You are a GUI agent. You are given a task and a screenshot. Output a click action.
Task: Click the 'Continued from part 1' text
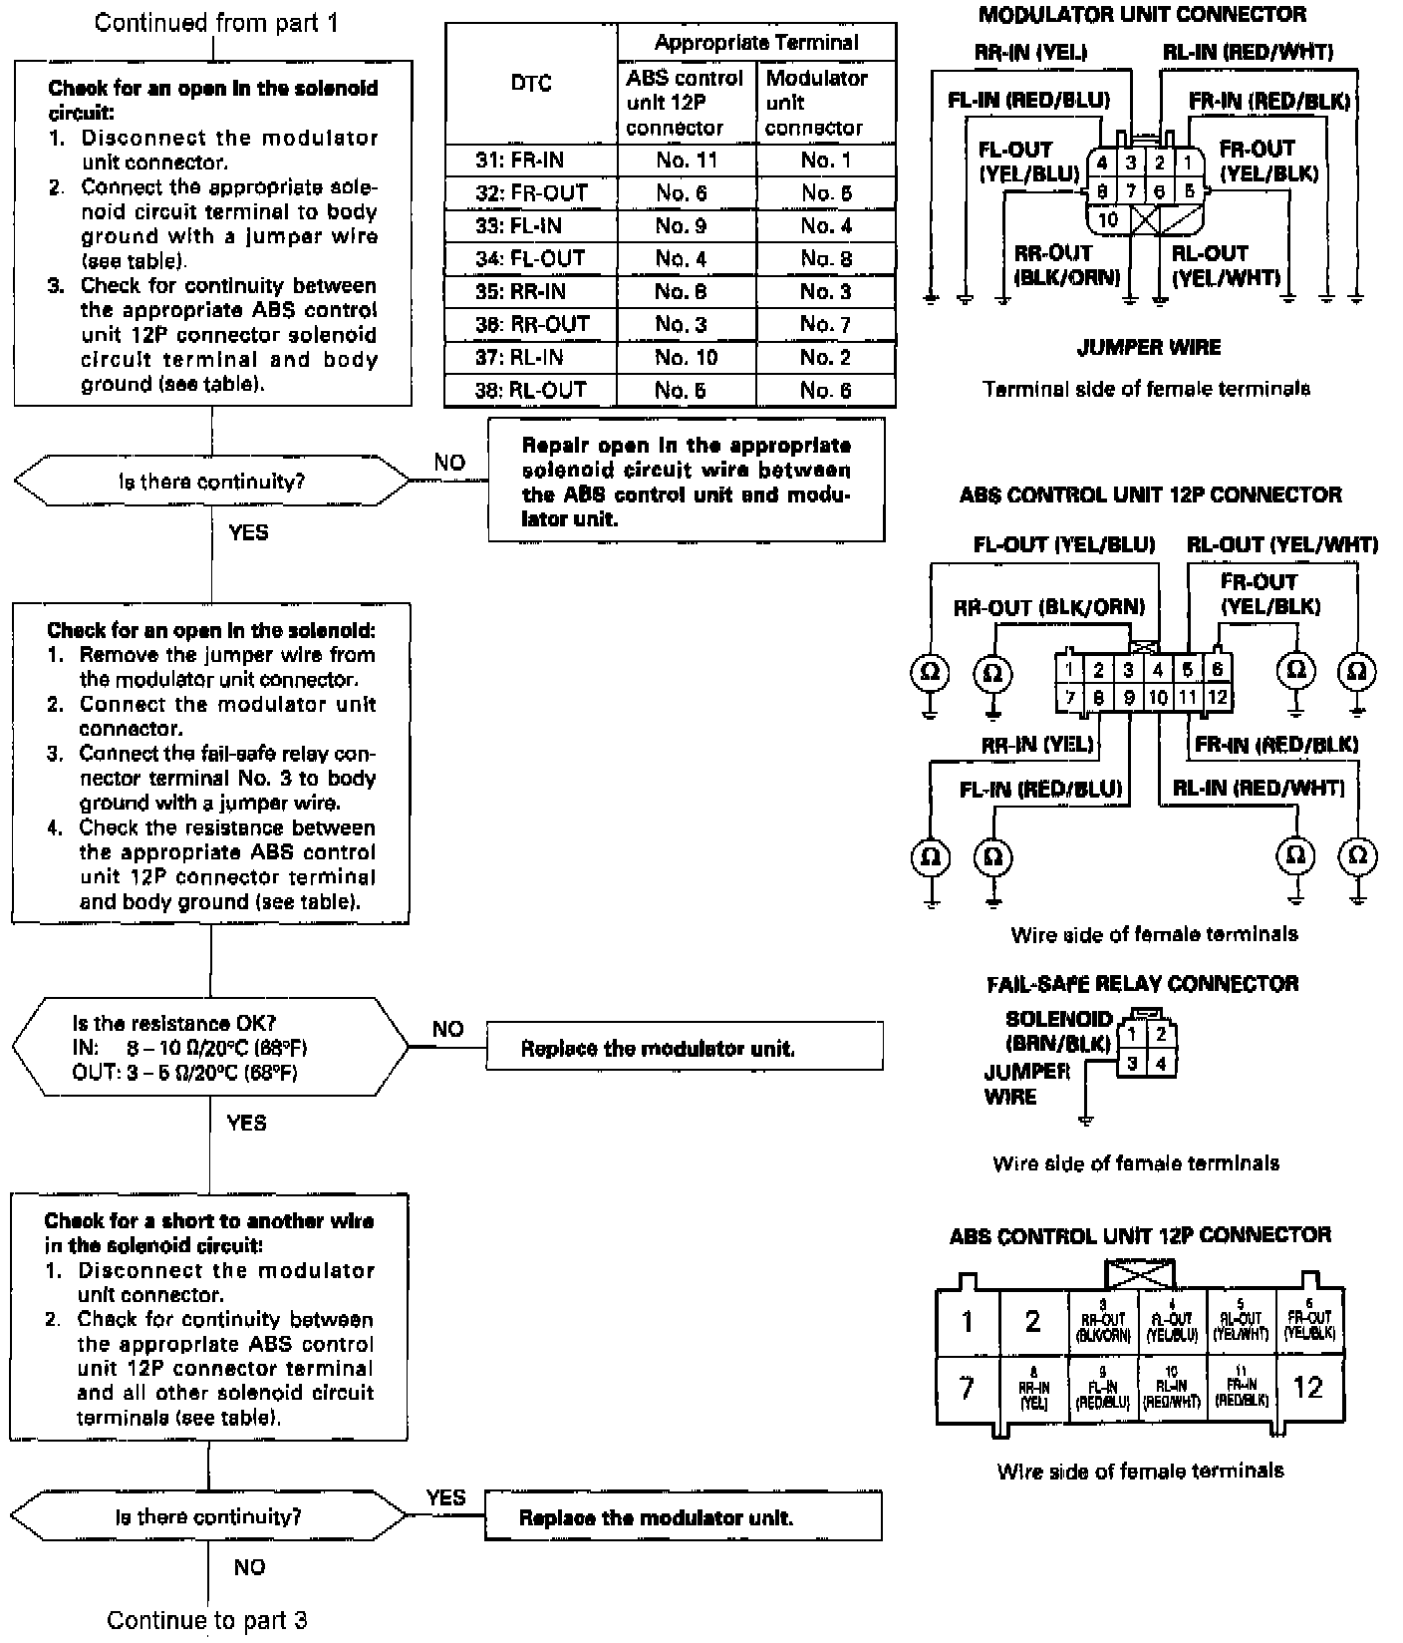pyautogui.click(x=216, y=22)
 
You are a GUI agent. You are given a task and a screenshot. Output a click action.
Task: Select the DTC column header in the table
pyautogui.click(x=530, y=84)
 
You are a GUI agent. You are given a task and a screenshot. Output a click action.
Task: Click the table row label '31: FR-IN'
pyautogui.click(x=531, y=161)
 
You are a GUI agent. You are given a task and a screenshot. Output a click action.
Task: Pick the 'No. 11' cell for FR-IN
pyautogui.click(x=687, y=161)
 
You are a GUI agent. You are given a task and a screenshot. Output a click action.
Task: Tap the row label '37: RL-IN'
pyautogui.click(x=531, y=358)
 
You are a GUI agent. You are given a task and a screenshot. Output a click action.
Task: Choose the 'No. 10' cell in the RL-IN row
pyautogui.click(x=687, y=358)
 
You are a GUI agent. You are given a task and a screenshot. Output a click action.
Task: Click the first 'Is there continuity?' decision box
pyautogui.click(x=211, y=483)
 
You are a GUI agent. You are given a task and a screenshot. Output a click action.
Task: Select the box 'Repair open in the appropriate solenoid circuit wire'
pyautogui.click(x=686, y=482)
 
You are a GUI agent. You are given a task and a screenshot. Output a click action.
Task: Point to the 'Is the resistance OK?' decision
pyautogui.click(x=210, y=1048)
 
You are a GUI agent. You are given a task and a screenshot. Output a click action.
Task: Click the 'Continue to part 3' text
pyautogui.click(x=207, y=1620)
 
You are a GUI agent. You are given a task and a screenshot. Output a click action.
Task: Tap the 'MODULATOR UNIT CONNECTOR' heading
pyautogui.click(x=1142, y=15)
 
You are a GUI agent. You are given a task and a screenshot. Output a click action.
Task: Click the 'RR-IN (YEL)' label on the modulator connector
pyautogui.click(x=1030, y=52)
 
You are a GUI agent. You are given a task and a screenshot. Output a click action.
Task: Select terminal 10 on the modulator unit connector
pyautogui.click(x=1108, y=219)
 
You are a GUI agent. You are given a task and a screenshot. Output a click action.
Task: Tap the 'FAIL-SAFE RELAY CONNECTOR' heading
pyautogui.click(x=1142, y=984)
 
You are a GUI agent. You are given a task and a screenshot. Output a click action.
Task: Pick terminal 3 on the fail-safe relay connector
pyautogui.click(x=1132, y=1064)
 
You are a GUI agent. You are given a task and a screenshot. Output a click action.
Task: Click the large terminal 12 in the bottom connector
pyautogui.click(x=1307, y=1387)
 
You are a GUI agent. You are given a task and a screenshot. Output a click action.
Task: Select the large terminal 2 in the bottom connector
pyautogui.click(x=1032, y=1322)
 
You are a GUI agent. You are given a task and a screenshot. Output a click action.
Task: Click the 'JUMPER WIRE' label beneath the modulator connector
pyautogui.click(x=1148, y=348)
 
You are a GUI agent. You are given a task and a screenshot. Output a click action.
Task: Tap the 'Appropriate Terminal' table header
pyautogui.click(x=756, y=43)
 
